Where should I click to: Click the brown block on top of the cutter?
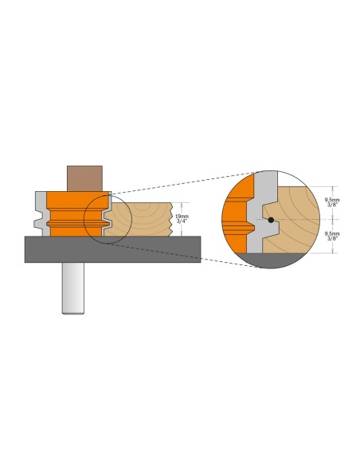coord(84,178)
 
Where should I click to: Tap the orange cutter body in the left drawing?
coord(77,213)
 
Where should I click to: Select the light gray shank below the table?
coord(73,288)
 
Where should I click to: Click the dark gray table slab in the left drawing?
coord(112,249)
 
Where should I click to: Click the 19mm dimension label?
coord(182,217)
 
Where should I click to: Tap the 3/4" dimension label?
coord(182,221)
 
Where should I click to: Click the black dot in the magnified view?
coord(271,220)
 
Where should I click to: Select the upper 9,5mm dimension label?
coord(332,200)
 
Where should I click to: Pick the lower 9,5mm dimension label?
coord(332,233)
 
